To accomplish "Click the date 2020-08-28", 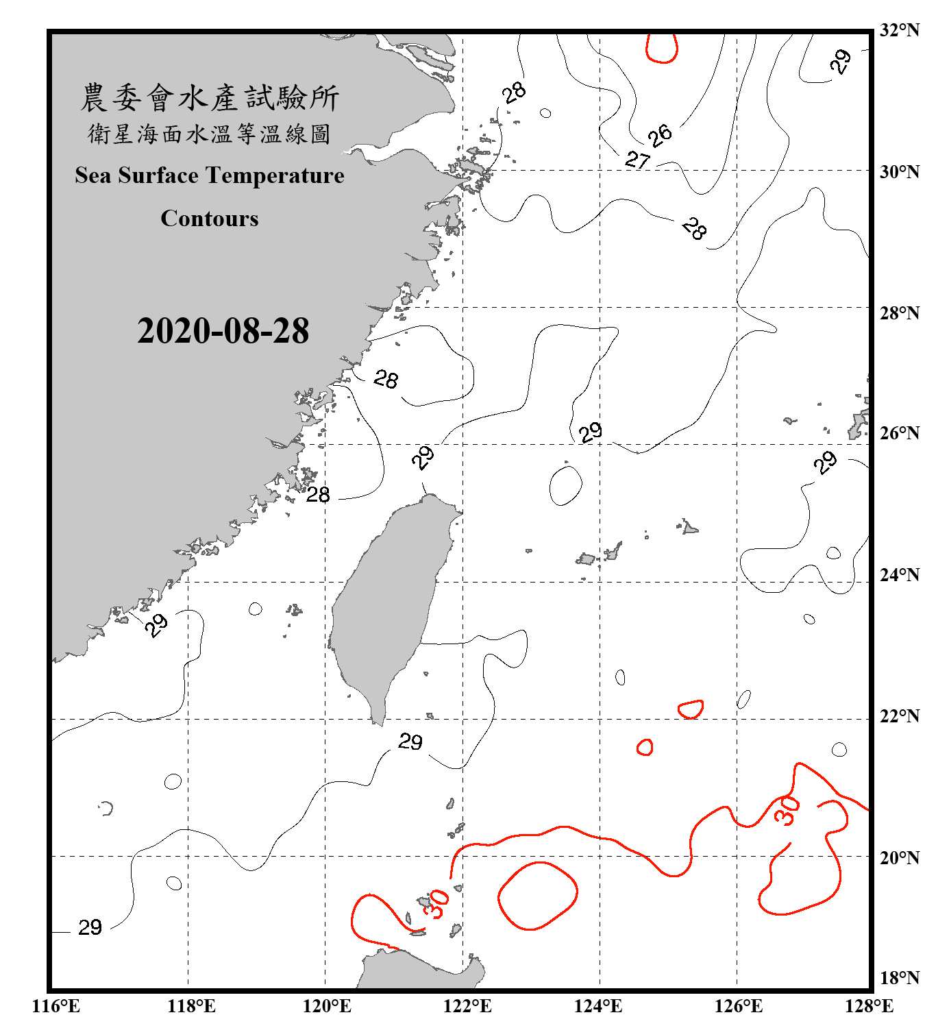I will point(223,331).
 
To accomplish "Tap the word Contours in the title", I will point(210,219).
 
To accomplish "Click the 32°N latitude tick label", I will point(899,30).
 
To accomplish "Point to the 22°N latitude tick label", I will point(899,717).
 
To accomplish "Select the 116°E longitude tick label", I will point(56,1006).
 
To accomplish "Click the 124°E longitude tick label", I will point(598,1006).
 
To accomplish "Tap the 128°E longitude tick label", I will point(869,1006).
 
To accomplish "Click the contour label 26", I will point(660,135).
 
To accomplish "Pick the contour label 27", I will point(637,160).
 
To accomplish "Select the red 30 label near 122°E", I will point(436,903).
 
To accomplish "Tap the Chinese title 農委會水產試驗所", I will point(210,98).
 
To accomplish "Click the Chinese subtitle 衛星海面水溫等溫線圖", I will point(210,134).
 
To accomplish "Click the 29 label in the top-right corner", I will point(841,61).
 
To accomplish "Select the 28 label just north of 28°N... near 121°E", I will point(386,379).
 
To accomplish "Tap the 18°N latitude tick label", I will point(899,978).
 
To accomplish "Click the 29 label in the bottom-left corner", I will point(90,927).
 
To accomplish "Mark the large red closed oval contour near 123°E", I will point(538,895).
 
